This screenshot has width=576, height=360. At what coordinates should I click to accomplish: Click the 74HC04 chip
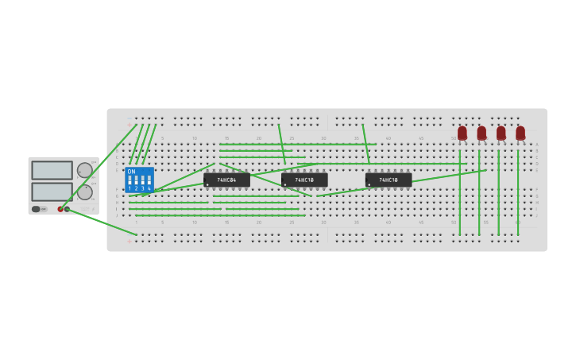point(226,180)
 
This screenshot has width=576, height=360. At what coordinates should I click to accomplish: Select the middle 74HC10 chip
point(304,180)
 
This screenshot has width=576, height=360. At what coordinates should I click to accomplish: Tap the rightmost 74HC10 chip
point(389,180)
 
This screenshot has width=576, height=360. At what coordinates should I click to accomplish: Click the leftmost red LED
point(462,133)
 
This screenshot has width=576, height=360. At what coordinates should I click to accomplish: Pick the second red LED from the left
point(481,133)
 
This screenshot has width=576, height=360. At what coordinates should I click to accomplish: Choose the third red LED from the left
point(501,133)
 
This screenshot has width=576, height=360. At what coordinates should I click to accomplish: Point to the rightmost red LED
point(520,133)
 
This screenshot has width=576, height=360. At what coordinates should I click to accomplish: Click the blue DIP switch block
point(139,180)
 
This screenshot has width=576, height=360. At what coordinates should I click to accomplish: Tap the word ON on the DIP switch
point(131,172)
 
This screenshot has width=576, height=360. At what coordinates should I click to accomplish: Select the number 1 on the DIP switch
point(130,188)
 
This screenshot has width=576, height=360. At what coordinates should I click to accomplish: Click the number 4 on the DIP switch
point(149,188)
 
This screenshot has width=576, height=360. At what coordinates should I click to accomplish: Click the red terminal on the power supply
point(60,209)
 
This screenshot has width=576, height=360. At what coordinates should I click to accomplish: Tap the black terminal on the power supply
point(68,209)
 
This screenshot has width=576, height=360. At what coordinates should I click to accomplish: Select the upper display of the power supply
point(52,170)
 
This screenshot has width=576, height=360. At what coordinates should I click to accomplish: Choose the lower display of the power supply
point(52,192)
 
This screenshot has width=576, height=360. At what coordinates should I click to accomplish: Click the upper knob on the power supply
point(84,170)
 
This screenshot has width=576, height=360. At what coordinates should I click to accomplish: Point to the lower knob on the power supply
point(84,192)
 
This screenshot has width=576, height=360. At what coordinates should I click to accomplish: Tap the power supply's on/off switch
point(37,209)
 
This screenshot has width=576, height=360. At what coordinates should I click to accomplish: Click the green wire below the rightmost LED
point(518,191)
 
